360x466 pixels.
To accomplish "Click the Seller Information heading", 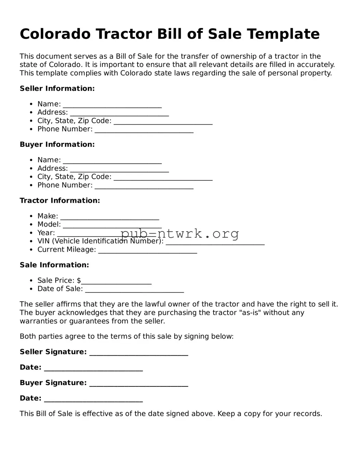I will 57,88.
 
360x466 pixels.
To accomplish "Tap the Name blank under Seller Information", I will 112,105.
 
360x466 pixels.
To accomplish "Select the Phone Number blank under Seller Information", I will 144,130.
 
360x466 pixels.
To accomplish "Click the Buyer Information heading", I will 57,144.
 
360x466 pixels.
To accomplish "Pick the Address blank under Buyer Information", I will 119,169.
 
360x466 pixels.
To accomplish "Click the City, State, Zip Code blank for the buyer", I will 163,178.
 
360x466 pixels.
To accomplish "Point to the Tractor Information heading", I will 60,200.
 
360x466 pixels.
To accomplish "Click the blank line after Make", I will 110,217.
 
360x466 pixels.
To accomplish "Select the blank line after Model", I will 112,225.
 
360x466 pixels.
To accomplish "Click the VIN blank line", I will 215,242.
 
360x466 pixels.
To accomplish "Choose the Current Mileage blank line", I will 147,250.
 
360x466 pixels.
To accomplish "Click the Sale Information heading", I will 54,265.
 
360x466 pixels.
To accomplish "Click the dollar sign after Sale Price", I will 79,281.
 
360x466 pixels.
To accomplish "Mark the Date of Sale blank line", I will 134,290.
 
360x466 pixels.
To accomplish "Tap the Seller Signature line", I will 139,353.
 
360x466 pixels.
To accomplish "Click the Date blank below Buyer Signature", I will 93,399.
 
